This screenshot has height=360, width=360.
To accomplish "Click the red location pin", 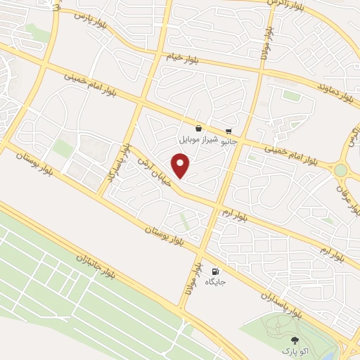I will click(181, 166).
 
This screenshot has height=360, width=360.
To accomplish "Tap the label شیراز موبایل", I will click(199, 140).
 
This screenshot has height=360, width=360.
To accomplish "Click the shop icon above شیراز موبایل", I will click(199, 128).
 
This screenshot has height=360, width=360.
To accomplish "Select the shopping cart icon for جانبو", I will click(229, 132).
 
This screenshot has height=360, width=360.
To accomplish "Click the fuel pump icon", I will click(214, 271).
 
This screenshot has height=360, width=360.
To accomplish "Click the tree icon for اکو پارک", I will click(295, 340).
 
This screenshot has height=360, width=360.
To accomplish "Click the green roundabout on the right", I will click(341, 169).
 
